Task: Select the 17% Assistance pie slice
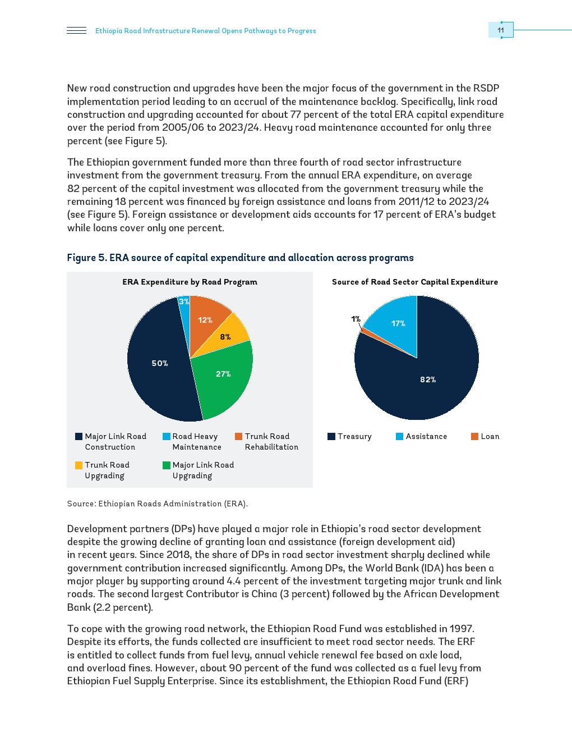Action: [x=395, y=326]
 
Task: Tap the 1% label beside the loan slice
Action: [x=356, y=319]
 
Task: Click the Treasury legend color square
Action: [x=331, y=436]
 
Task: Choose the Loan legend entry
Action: [x=485, y=436]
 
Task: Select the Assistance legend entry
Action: [x=421, y=436]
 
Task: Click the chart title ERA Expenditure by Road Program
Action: [x=190, y=282]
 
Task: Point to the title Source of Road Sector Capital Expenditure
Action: [x=415, y=282]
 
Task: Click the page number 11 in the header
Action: [x=501, y=30]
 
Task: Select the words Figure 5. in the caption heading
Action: [x=87, y=258]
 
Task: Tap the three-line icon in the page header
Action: [x=76, y=30]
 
